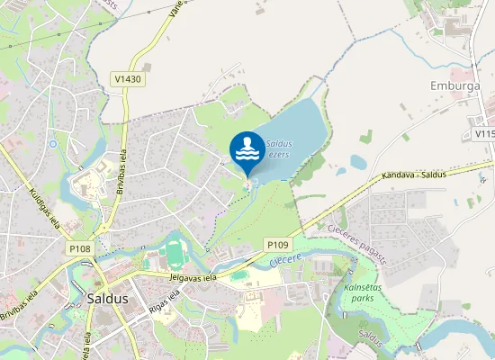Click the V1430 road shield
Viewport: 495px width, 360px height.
(128, 80)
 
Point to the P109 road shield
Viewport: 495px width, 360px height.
(276, 244)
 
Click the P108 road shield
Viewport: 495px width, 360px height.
(79, 247)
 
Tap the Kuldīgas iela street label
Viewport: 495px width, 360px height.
(44, 206)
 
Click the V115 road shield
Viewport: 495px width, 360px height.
(484, 134)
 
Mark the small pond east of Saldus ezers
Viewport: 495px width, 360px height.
(358, 163)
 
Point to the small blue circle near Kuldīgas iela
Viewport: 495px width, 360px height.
(53, 143)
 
